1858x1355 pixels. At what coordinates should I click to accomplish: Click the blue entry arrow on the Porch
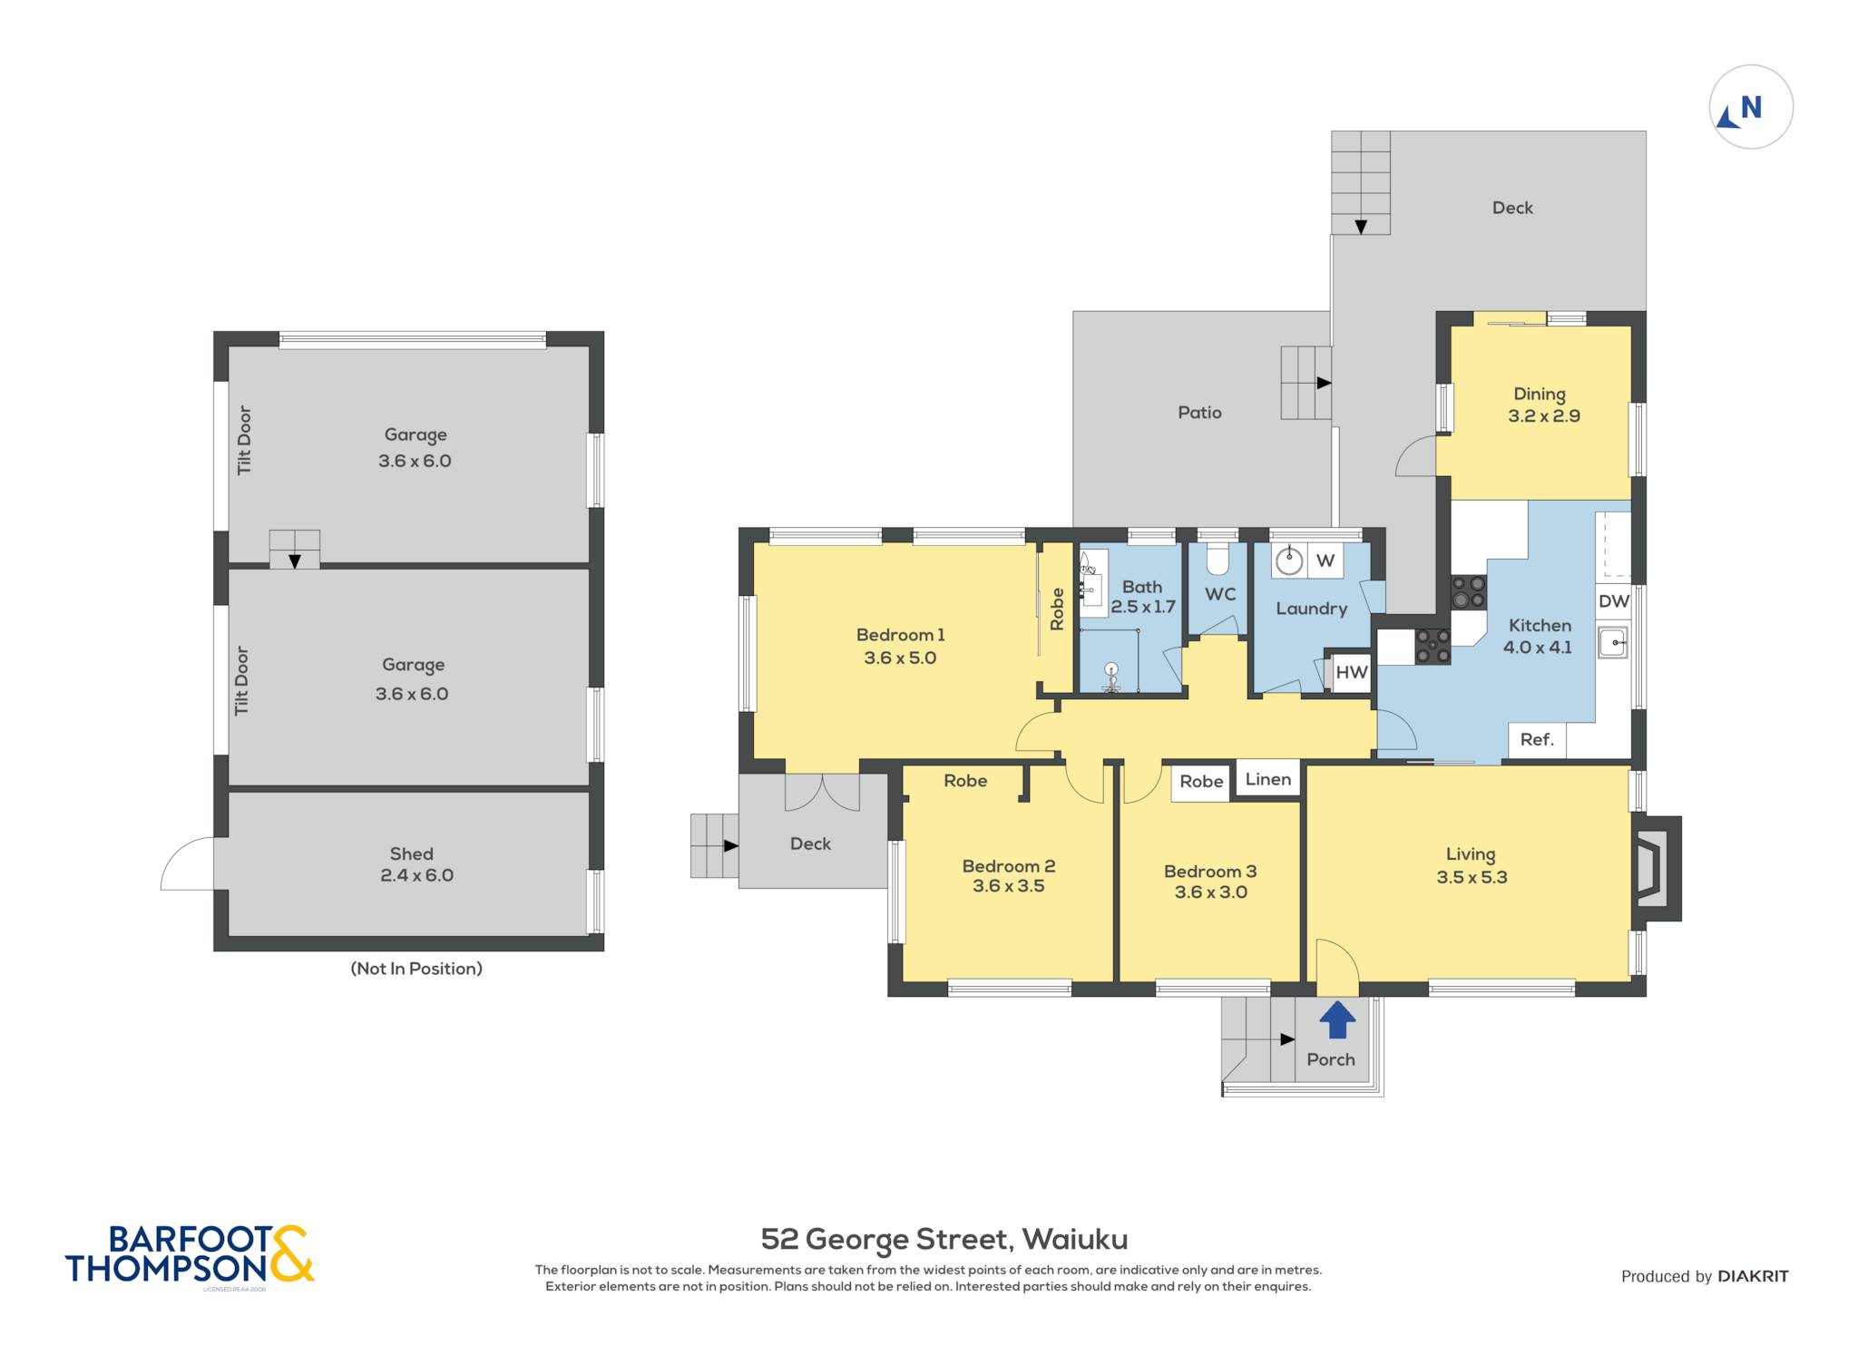tap(1337, 1019)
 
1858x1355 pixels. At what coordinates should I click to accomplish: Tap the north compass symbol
tap(1751, 107)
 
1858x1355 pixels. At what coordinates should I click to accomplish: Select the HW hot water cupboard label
tap(1351, 672)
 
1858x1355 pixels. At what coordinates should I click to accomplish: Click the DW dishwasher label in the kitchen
tap(1614, 601)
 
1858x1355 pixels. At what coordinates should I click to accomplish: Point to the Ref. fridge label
tap(1537, 739)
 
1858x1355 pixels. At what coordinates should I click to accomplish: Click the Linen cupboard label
tap(1267, 779)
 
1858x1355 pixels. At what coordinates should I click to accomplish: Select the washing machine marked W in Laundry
tap(1288, 561)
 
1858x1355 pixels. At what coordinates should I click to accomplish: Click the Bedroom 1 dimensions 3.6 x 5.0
tap(900, 658)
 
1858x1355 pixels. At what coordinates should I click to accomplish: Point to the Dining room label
tap(1540, 395)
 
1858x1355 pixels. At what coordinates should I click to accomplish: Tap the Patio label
tap(1199, 413)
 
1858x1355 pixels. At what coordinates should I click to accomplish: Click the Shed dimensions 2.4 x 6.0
tap(416, 875)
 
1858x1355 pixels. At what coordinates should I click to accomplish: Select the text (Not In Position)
tap(416, 969)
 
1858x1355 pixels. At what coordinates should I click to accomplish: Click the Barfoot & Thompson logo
tap(190, 1254)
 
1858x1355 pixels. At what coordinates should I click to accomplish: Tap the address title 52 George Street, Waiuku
tap(944, 1240)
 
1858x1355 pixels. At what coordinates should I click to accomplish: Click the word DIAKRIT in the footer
tap(1754, 1276)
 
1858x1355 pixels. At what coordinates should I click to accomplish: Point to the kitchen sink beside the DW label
tap(1613, 643)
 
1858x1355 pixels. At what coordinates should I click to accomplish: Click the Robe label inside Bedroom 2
tap(965, 781)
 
